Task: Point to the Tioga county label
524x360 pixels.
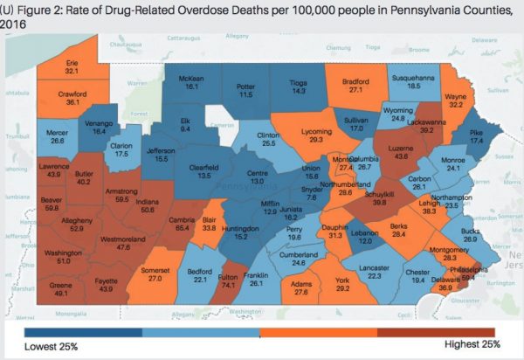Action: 300,80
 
